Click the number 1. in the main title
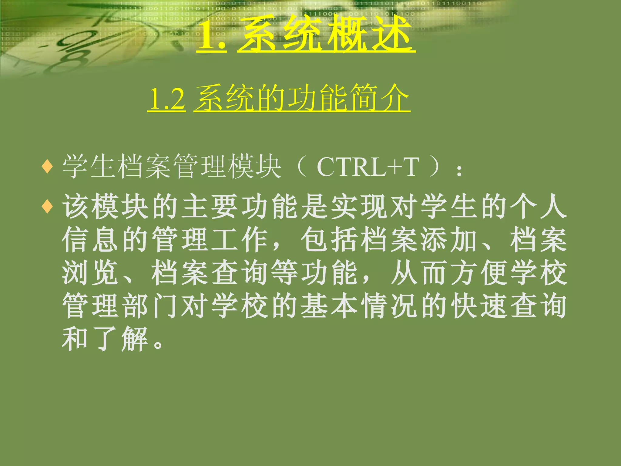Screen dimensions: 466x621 click(x=211, y=36)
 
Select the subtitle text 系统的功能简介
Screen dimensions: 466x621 click(x=302, y=98)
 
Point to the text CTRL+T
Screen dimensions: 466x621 click(x=368, y=167)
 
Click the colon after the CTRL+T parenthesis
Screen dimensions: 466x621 click(x=459, y=171)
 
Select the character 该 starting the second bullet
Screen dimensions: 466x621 click(x=75, y=207)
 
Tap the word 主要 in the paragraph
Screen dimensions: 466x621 click(x=210, y=207)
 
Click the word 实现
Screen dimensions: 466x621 click(x=359, y=207)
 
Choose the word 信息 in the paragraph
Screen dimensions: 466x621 click(x=90, y=240)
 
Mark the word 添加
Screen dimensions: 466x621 click(x=448, y=240)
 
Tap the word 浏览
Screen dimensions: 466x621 click(x=90, y=273)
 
